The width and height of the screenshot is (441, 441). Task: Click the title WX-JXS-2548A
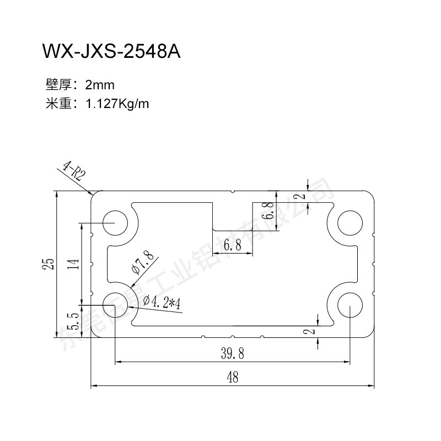tap(111, 52)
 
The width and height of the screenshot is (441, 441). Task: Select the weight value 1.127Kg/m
tap(117, 103)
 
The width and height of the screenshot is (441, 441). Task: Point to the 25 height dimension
tap(50, 263)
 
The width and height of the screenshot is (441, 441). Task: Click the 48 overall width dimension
tap(232, 378)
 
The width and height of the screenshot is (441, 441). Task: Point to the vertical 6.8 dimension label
tap(269, 211)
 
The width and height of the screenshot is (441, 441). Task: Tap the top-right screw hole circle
tap(350, 223)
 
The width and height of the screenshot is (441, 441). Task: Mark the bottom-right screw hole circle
tap(350, 304)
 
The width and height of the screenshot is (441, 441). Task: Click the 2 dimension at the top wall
tap(300, 196)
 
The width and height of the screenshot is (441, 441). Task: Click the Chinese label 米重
tap(57, 103)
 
